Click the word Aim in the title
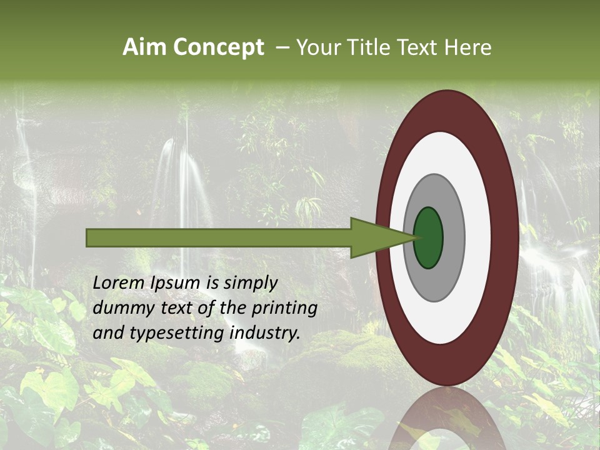145,47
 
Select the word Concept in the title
218,47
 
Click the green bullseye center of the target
429,237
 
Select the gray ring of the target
453,237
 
